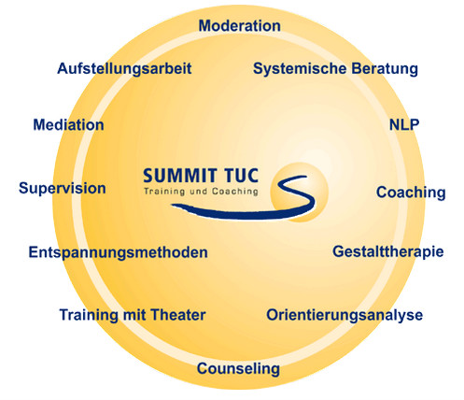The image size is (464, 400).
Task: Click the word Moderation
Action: click(x=239, y=25)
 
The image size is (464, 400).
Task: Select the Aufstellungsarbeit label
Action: click(x=124, y=69)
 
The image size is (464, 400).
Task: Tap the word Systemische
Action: click(x=300, y=69)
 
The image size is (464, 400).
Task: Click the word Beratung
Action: click(x=385, y=68)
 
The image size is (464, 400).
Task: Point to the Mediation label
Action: click(x=68, y=125)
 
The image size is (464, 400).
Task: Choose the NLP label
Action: click(x=404, y=124)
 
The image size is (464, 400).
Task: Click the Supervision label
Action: click(x=63, y=189)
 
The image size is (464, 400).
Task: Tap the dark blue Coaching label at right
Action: click(x=411, y=193)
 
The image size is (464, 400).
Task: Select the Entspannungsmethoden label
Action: click(x=118, y=252)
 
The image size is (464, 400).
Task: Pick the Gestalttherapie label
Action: click(x=388, y=251)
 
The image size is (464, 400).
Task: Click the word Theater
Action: click(x=176, y=315)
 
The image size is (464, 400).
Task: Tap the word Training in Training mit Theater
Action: click(x=89, y=315)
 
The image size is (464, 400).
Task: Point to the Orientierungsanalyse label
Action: click(x=344, y=315)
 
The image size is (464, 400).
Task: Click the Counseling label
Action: click(x=238, y=369)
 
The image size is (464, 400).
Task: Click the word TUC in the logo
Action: click(x=242, y=176)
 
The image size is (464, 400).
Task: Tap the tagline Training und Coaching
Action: click(x=201, y=192)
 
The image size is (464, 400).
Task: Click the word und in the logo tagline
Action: click(x=199, y=191)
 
